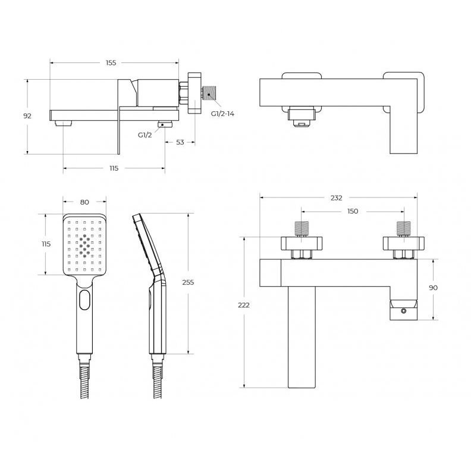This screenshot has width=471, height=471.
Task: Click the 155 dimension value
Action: point(111,63)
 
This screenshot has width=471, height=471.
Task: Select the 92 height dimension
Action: point(27,115)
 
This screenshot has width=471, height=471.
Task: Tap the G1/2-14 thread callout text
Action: point(222,114)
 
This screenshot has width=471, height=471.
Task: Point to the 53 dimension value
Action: point(180,142)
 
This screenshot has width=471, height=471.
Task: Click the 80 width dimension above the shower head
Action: point(84,202)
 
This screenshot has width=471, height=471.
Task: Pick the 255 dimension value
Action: point(188,282)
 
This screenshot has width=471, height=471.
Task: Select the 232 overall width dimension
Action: point(337,198)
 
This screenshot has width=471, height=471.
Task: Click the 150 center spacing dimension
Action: point(353,211)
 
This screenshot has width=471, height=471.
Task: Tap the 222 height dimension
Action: point(244,305)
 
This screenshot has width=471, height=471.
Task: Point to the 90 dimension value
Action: point(433,288)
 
